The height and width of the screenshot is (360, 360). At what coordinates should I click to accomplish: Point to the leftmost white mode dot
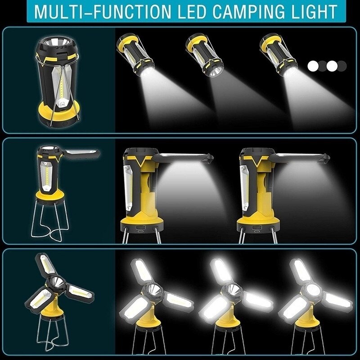point(312,66)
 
